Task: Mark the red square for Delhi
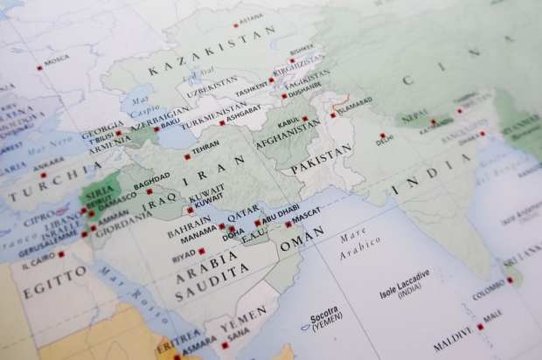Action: (x=382, y=135)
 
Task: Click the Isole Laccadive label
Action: (x=404, y=276)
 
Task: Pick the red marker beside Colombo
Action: (x=510, y=280)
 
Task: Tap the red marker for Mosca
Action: (x=39, y=67)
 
